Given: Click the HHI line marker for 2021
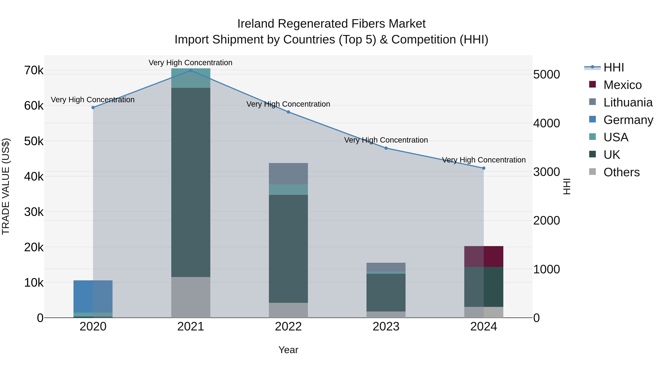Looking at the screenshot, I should click(190, 70).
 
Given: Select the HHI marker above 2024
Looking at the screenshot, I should click(484, 168).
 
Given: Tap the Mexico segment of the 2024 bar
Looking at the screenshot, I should click(484, 256).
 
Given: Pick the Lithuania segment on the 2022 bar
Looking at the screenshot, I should click(288, 174).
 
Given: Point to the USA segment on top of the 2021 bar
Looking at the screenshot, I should click(190, 78).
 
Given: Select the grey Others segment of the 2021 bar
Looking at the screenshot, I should click(190, 297).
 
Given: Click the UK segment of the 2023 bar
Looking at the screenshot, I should click(386, 293).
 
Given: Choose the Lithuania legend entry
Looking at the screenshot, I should click(628, 102).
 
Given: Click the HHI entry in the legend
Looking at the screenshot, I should click(614, 67).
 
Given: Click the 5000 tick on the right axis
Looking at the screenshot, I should click(546, 75).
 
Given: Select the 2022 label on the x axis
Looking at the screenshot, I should click(288, 327).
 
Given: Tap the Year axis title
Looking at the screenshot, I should click(288, 350).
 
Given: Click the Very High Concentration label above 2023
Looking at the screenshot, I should click(386, 140).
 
